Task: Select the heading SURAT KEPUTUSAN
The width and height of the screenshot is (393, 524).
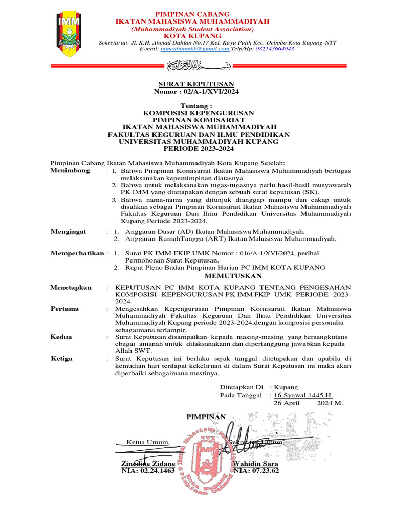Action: (196, 84)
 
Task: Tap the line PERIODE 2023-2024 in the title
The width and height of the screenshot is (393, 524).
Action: (198, 149)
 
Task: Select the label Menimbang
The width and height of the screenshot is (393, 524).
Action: (70, 170)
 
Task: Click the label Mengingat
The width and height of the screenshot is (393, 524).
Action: (69, 232)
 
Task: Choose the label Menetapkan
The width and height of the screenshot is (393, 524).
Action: (71, 288)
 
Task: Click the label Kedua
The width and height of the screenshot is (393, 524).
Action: (61, 337)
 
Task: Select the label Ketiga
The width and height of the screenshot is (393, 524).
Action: (61, 358)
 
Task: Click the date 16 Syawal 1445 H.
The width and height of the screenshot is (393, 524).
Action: (303, 395)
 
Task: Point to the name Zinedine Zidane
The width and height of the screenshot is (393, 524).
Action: (148, 463)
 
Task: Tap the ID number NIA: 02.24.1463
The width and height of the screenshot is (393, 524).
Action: (148, 470)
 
